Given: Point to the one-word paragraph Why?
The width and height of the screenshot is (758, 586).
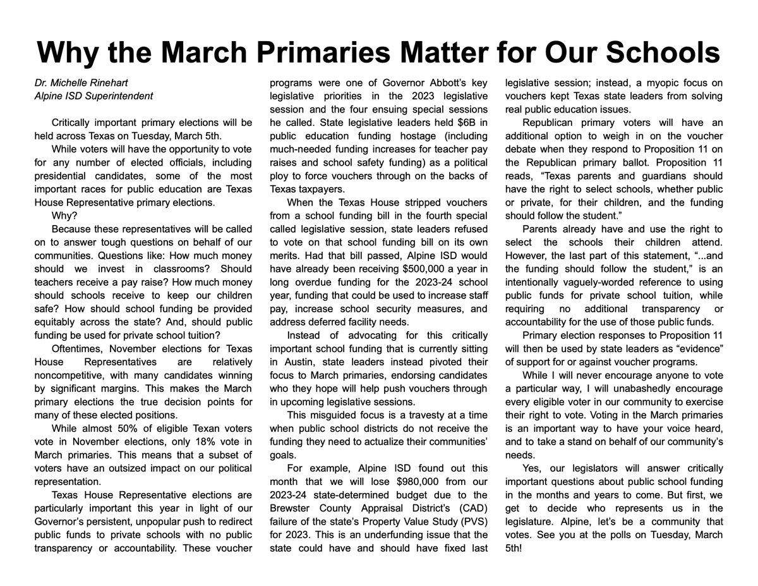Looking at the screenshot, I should (63, 216).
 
